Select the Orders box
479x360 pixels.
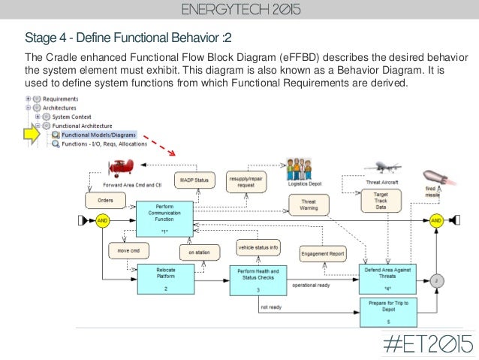(x=106, y=201)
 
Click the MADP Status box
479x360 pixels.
(x=194, y=180)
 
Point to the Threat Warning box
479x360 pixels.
(x=309, y=204)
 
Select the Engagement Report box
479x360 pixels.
(x=323, y=254)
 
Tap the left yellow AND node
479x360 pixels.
(x=104, y=221)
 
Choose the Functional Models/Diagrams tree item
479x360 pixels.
(x=95, y=135)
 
